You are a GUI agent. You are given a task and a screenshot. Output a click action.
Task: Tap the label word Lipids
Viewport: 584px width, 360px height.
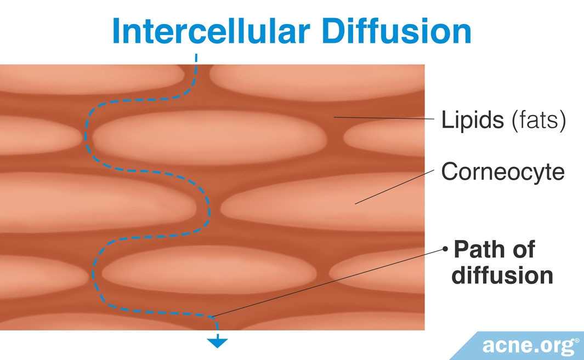tap(472, 120)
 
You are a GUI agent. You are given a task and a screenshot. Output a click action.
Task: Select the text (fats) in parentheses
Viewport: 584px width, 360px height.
tap(538, 121)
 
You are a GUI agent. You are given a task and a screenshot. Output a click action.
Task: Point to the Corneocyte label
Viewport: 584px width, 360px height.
tap(502, 172)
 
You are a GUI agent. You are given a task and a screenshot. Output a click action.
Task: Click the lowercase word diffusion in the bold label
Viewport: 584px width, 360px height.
tap(502, 275)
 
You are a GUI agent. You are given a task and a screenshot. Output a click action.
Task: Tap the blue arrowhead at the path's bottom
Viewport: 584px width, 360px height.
tap(218, 343)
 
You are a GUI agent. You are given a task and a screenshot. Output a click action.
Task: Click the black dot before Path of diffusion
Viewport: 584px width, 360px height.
tap(445, 250)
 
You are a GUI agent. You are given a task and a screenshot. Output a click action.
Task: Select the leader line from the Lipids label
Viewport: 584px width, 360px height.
tap(384, 118)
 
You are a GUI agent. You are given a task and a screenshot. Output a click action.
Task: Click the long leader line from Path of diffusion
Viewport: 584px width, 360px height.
tap(329, 283)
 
